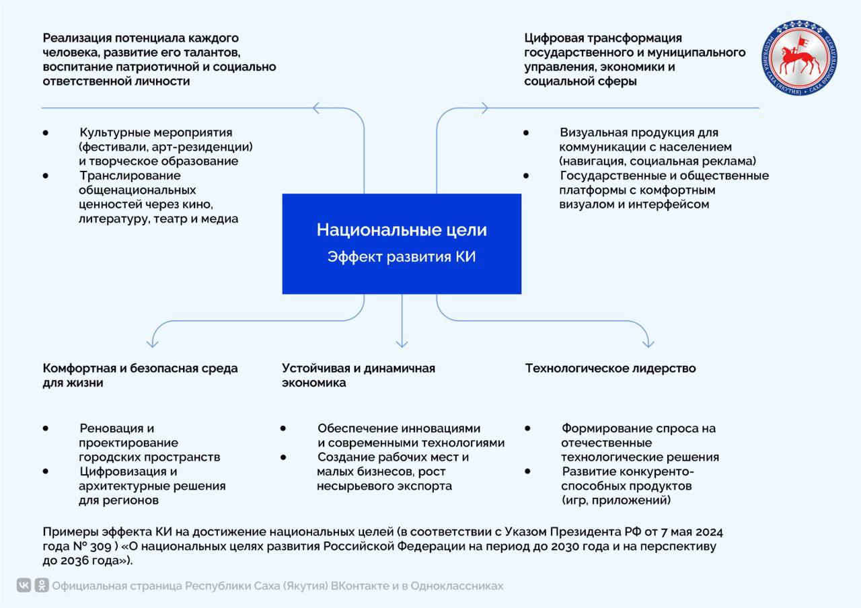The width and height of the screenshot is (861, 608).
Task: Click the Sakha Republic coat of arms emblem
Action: (x=800, y=58)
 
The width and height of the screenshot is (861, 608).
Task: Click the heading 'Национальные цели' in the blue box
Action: (x=402, y=230)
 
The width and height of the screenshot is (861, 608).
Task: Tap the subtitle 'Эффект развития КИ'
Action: (x=402, y=257)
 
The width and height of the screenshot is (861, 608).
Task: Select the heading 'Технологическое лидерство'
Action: (x=610, y=369)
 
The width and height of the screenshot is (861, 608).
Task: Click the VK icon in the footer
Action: (x=24, y=586)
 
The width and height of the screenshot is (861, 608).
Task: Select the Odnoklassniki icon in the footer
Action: (x=42, y=586)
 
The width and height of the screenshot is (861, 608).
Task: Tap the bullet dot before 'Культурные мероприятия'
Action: (x=46, y=133)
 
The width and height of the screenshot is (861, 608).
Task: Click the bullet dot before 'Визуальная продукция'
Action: (x=526, y=133)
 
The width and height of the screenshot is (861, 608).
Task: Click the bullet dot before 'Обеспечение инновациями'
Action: (x=283, y=428)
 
